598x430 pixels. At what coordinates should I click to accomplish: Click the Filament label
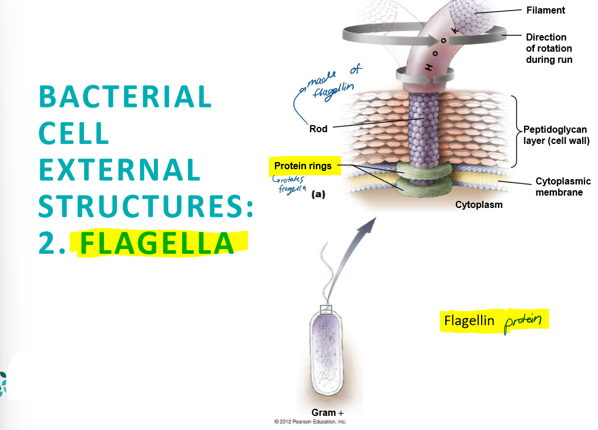tap(545, 10)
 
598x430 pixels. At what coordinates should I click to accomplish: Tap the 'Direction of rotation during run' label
tap(549, 48)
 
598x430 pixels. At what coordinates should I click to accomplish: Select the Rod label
tap(318, 129)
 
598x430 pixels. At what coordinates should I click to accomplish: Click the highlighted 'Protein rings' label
tap(303, 166)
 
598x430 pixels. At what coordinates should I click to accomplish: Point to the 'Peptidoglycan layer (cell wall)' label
tap(555, 135)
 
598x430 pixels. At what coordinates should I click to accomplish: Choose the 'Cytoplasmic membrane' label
tap(563, 187)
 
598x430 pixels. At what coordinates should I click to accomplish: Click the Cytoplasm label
tap(479, 205)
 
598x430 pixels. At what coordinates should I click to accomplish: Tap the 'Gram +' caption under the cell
tap(327, 412)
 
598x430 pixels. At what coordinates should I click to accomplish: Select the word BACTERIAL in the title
tap(125, 97)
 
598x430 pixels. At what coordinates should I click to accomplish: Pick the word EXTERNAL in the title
tap(120, 170)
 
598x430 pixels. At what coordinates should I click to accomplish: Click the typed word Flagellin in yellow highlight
tap(469, 321)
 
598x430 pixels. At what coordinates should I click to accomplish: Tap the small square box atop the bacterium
tap(325, 310)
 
